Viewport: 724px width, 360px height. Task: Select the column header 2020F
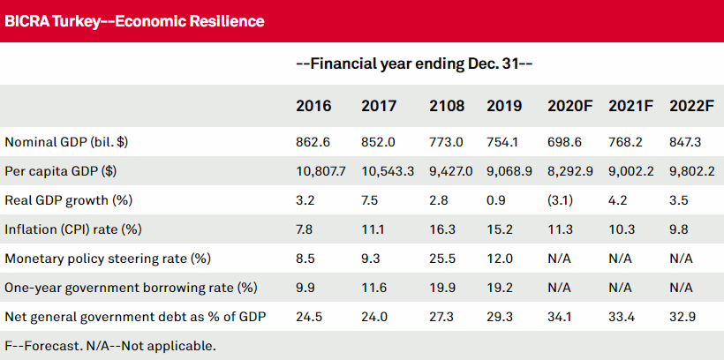click(570, 106)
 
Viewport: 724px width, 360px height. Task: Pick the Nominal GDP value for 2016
click(313, 141)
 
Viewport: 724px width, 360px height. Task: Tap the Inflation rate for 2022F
click(677, 229)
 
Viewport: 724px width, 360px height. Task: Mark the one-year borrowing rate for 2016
click(305, 289)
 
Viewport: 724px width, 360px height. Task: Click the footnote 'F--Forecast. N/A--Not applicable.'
click(109, 345)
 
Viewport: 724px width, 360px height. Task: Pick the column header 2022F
click(690, 106)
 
